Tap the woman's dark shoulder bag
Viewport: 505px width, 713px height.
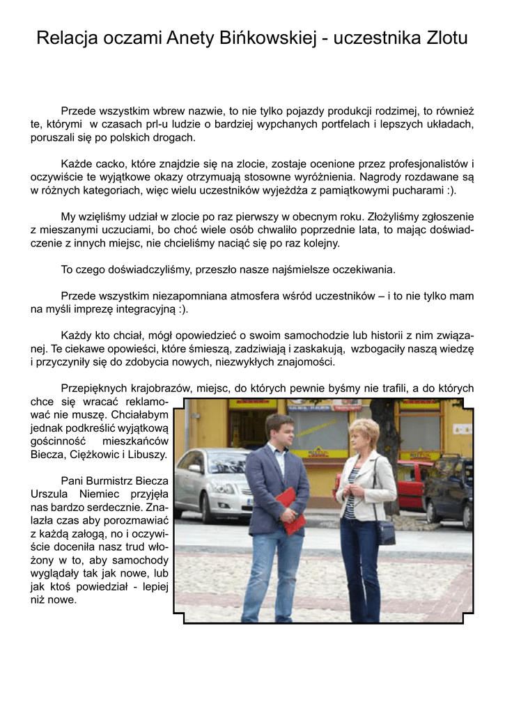pyautogui.click(x=384, y=531)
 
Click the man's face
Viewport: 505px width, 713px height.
pyautogui.click(x=278, y=432)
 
